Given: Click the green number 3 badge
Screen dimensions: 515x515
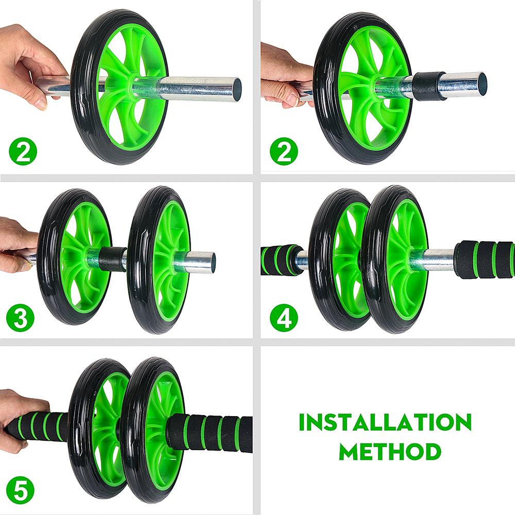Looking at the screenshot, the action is [x=21, y=318].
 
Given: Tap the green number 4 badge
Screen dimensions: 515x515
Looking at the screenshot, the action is [x=284, y=318].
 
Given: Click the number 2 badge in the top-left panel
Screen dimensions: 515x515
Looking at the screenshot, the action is [x=23, y=151].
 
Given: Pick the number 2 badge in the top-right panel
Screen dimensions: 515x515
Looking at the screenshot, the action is [x=284, y=151].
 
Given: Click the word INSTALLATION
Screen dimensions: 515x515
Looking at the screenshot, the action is [x=385, y=422].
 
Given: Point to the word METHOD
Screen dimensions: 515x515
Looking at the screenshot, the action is [x=390, y=451].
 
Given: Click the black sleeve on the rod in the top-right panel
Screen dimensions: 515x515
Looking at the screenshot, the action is [x=425, y=87].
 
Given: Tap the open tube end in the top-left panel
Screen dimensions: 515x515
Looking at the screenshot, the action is [x=236, y=90].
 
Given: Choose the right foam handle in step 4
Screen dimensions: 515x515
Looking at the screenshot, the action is [x=485, y=260].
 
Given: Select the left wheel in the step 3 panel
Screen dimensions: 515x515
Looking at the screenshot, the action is [x=75, y=257].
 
